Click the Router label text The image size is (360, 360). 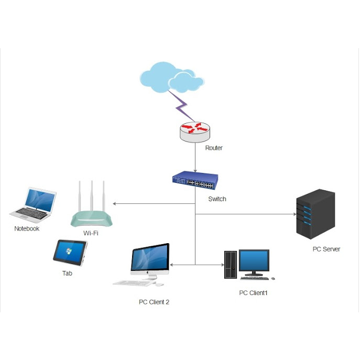tap(214, 148)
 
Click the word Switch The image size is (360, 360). tap(217, 199)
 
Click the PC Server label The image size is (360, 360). tap(326, 249)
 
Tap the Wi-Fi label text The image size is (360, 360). tap(91, 233)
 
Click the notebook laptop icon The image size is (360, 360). tap(34, 203)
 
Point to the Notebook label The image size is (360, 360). tap(27, 228)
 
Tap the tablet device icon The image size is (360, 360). tap(70, 252)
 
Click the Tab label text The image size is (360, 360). tap(67, 273)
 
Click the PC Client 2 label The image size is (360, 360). tap(154, 302)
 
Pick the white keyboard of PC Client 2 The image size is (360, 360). tap(133, 283)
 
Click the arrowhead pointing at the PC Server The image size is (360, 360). tap(294, 214)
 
